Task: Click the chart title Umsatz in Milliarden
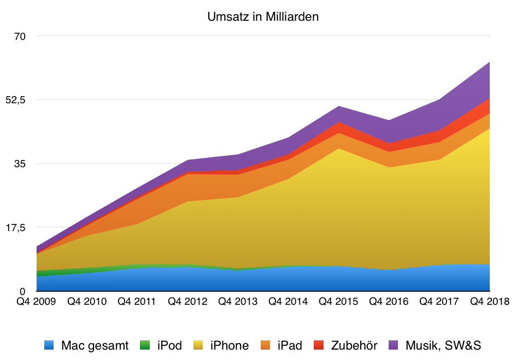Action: pos(263,17)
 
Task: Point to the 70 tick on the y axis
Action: pos(20,36)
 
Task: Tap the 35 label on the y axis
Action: pos(20,163)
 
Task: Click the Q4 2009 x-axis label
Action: pos(36,302)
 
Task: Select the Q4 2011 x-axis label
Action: pos(137,302)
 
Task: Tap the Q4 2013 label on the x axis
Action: pos(237,302)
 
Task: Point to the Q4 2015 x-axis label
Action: pos(338,302)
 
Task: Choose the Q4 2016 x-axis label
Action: pos(389,302)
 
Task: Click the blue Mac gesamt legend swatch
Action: pos(50,345)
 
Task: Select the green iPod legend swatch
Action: pos(145,345)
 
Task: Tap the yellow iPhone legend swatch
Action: pos(199,345)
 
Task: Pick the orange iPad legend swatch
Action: pos(266,345)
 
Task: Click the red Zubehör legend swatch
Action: pos(320,345)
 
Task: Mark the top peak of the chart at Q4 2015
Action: pos(339,106)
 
